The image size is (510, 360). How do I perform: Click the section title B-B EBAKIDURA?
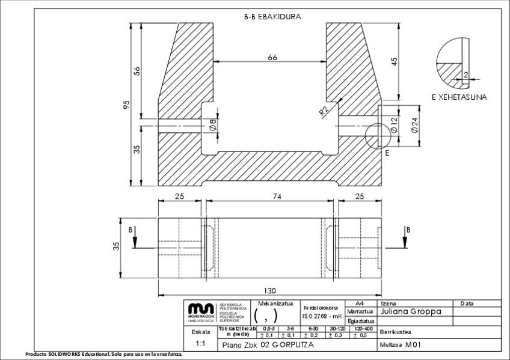[272, 17]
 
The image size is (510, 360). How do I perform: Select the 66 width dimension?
[272, 57]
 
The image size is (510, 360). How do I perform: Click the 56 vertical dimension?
[137, 70]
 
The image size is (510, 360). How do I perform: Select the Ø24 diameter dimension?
[414, 125]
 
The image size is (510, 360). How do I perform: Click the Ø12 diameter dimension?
[394, 125]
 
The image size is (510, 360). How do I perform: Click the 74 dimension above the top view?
[269, 197]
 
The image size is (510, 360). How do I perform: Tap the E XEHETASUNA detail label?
[459, 97]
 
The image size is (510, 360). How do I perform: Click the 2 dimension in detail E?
[466, 75]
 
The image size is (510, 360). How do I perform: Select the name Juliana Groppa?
[411, 312]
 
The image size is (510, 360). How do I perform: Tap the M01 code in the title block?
[411, 346]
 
